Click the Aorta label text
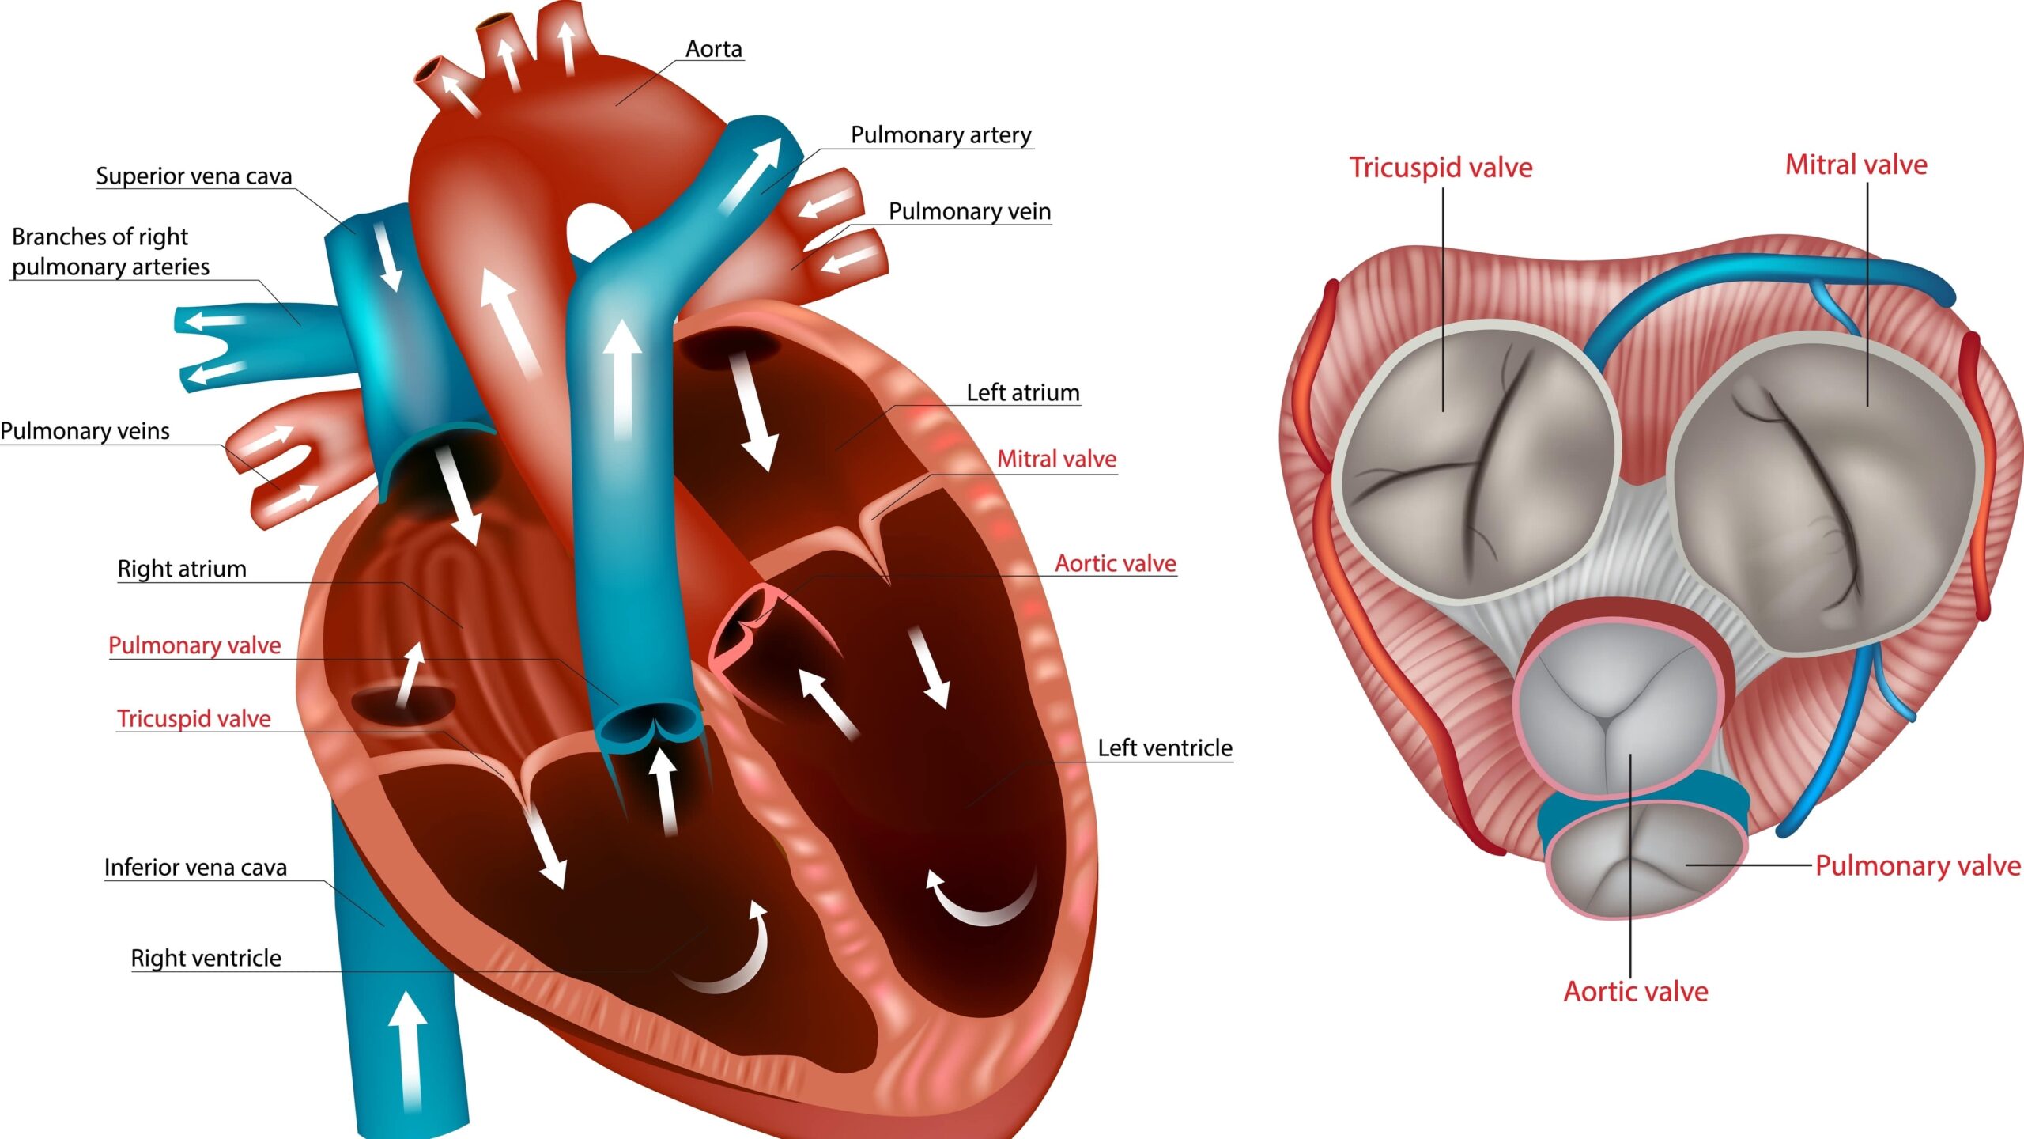713,49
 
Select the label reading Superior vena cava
194,176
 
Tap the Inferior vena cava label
195,868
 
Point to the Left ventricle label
1165,747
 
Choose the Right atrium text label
182,569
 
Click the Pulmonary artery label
941,135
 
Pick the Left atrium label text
1022,392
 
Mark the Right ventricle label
206,958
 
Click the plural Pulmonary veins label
85,431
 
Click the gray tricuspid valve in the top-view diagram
1475,463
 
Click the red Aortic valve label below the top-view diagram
1636,992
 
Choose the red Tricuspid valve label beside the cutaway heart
194,718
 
